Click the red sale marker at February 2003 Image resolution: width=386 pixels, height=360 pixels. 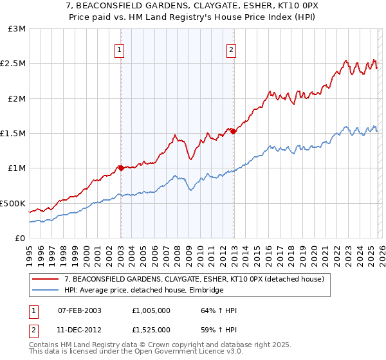120,168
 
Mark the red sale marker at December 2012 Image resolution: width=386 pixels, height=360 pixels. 233,132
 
